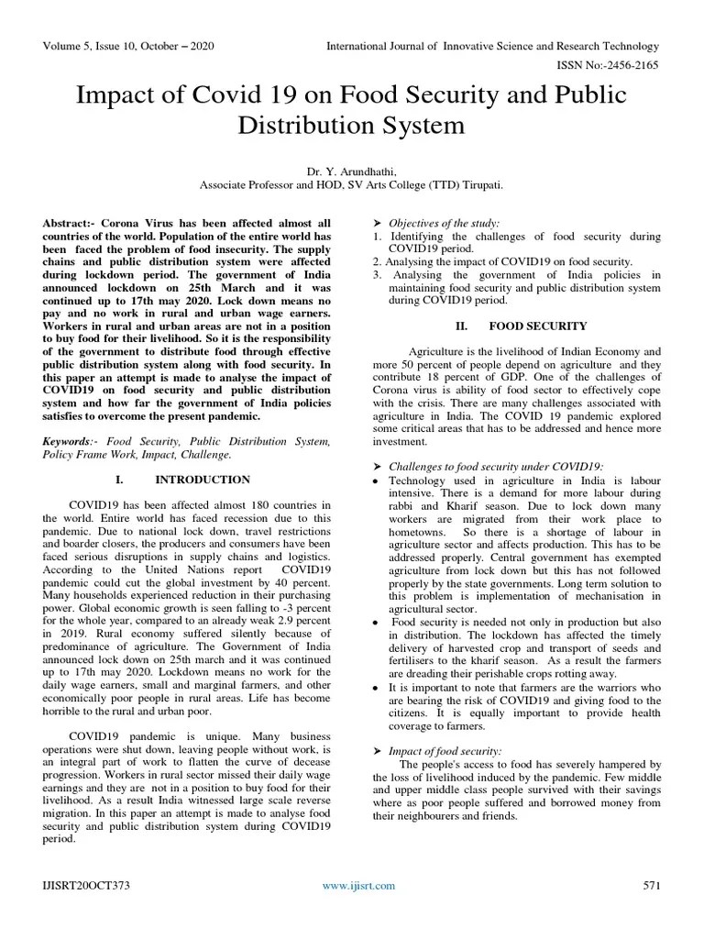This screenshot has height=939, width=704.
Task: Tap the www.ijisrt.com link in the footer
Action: (358, 885)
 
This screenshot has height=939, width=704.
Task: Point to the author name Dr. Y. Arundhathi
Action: (351, 171)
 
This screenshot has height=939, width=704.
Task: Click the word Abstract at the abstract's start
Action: (69, 224)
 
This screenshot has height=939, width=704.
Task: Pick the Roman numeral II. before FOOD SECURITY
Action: (462, 326)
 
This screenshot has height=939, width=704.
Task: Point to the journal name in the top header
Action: (492, 46)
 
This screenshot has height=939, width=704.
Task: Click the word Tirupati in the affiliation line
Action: (477, 184)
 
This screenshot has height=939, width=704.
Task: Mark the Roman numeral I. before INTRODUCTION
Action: (119, 480)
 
